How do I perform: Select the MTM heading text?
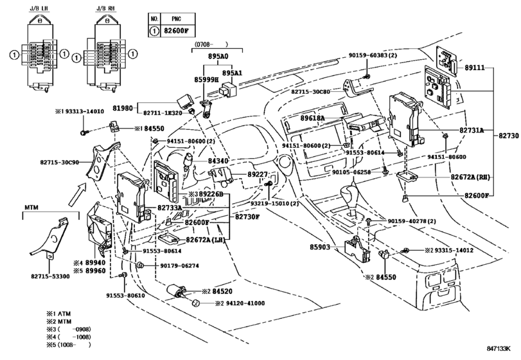(33, 209)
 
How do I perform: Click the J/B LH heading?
(31, 8)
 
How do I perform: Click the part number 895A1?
(233, 73)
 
